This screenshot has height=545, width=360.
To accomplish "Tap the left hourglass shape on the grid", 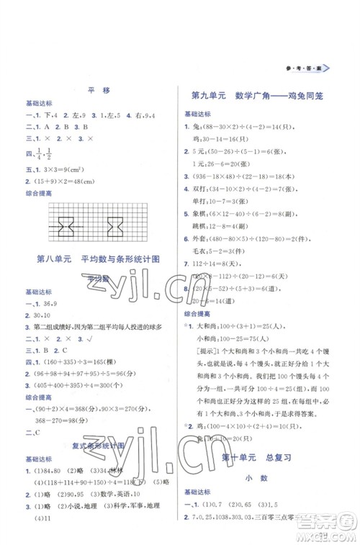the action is tap(66, 228).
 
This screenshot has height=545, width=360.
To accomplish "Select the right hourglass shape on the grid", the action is tap(114, 228).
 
